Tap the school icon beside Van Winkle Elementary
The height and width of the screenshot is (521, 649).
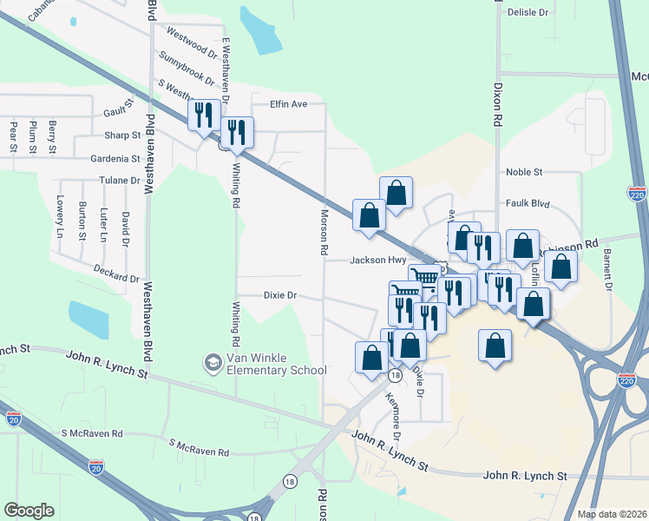coord(212,360)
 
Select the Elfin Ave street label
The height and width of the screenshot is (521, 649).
coord(289,104)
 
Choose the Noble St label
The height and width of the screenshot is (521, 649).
coord(524,172)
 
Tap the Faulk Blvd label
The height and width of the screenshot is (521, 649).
coord(528,203)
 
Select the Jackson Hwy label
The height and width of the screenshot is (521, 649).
coord(378,260)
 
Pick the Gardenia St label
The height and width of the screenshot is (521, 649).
coord(116,159)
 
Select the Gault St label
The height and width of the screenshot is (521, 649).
coord(117,112)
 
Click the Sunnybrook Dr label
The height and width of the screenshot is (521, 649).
coord(187,69)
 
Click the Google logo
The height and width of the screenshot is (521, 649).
coord(29,511)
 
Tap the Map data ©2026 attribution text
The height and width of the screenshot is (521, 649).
coord(612,514)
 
